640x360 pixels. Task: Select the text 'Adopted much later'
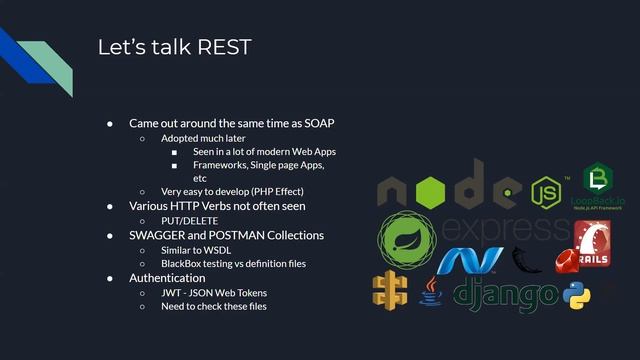203,138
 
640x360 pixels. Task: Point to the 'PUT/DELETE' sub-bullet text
192,220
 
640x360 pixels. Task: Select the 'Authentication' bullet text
167,277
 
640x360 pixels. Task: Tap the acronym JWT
172,292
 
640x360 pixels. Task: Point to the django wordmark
505,294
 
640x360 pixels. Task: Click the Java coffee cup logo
431,290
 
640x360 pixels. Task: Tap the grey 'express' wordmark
505,228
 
